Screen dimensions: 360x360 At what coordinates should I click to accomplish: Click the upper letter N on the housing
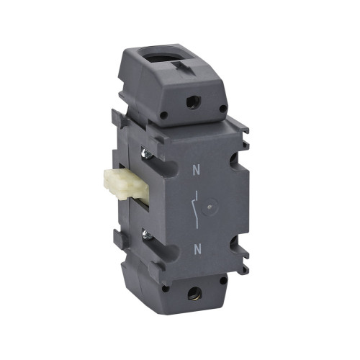196,170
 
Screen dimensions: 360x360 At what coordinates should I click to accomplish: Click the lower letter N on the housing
197,249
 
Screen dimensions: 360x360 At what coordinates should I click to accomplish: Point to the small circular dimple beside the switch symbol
210,207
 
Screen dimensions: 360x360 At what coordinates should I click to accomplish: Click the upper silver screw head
147,153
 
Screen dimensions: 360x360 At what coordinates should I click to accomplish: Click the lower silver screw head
147,234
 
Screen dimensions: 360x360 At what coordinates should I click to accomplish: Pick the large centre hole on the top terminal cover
193,102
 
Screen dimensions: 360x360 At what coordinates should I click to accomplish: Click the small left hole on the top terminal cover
163,115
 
